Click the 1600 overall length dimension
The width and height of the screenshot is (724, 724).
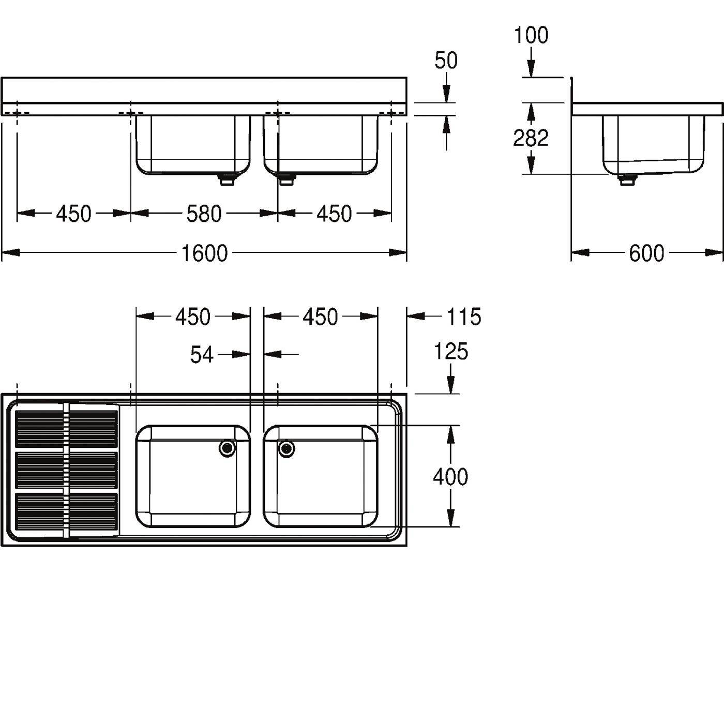click(x=204, y=253)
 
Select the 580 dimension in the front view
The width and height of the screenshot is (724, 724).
click(x=204, y=214)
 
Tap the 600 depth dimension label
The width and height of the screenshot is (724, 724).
click(x=646, y=253)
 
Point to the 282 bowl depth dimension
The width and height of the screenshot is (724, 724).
click(x=531, y=138)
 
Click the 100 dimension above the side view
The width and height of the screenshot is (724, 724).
click(x=531, y=35)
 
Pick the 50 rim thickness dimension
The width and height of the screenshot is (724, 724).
click(x=446, y=61)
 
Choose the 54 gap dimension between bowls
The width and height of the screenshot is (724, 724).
click(x=202, y=355)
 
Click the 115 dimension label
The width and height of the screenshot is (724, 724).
click(x=464, y=316)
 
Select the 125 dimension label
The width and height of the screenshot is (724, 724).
click(x=451, y=352)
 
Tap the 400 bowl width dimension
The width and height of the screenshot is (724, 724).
click(x=450, y=477)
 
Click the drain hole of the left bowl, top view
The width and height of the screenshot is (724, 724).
click(x=228, y=448)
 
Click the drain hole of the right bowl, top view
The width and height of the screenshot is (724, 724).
click(x=286, y=448)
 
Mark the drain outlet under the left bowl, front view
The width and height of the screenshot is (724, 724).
click(x=226, y=179)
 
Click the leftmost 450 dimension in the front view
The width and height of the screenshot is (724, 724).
click(x=73, y=214)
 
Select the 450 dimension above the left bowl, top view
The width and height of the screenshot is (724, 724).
click(x=193, y=316)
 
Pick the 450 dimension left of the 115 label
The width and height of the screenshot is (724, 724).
click(x=321, y=316)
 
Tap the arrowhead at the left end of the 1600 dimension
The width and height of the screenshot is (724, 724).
click(x=10, y=252)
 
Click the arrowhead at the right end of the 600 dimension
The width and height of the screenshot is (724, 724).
click(x=714, y=252)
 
